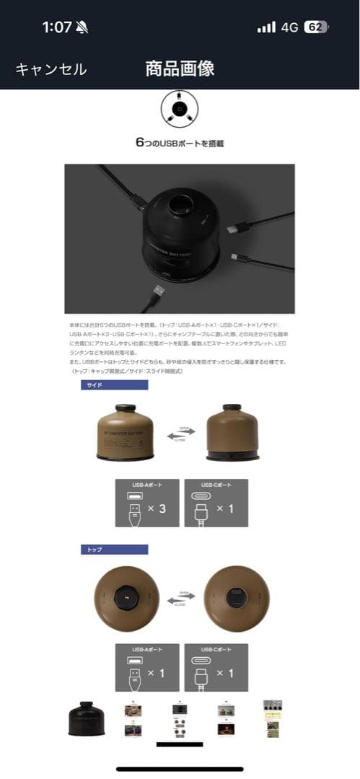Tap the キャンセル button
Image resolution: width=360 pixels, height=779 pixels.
[51, 69]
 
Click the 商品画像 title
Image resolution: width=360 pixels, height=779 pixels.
[180, 69]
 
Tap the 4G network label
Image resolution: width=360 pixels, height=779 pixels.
[289, 27]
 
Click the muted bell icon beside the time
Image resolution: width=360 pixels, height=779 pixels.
[82, 28]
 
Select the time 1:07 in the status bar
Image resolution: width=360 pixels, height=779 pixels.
[56, 27]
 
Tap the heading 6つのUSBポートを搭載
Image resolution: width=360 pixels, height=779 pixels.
[180, 143]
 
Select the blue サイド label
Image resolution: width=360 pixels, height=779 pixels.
[114, 385]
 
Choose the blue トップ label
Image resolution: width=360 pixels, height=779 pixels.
[114, 550]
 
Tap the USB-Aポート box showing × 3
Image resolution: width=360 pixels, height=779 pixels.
[147, 503]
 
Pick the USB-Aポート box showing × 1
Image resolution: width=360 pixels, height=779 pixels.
[147, 667]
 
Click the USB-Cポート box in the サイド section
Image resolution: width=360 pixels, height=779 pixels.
[216, 503]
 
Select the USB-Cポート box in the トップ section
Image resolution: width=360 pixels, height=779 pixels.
[216, 667]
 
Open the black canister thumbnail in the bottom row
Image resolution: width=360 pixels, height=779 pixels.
[89, 720]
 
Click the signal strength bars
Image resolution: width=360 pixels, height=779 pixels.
[266, 27]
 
